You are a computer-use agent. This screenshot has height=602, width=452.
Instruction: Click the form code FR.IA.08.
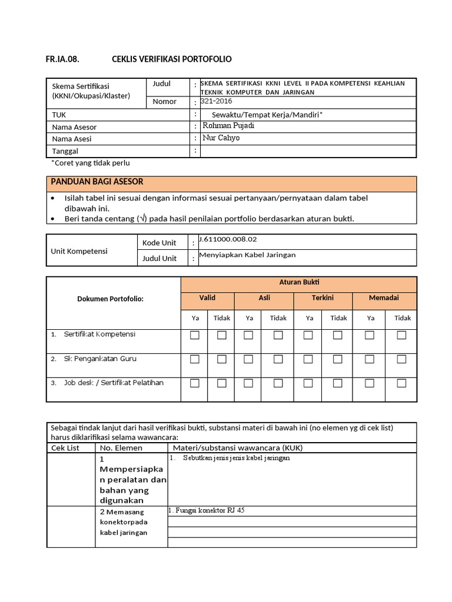point(62,59)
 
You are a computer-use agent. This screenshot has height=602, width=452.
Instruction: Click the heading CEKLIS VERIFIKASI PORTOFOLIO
point(172,59)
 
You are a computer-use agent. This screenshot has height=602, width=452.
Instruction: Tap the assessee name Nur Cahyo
point(221,138)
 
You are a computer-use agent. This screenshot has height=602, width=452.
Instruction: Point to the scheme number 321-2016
point(217,101)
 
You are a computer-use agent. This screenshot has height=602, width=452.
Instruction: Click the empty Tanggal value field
point(308,151)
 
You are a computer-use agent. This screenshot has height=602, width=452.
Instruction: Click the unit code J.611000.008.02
point(228,240)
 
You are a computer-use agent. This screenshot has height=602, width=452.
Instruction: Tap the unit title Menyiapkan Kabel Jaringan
point(247,255)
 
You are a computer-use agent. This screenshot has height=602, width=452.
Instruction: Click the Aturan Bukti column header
point(299,283)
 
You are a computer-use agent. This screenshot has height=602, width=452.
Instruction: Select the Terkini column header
point(323,298)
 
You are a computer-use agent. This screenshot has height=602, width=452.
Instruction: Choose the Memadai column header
point(384,298)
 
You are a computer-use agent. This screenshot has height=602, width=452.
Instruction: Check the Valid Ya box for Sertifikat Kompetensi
point(195,335)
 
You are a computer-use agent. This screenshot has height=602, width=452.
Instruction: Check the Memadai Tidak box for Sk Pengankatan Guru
point(401,359)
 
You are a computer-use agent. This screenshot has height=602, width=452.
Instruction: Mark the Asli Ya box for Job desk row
point(248,383)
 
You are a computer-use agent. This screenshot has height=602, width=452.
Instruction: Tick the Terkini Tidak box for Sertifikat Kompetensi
point(337,335)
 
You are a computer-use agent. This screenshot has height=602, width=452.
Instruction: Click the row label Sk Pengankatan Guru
point(98,358)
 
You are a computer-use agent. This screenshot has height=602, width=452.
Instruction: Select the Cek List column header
point(66,447)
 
